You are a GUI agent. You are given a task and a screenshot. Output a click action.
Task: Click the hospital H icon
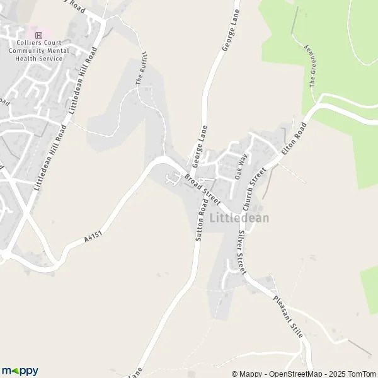coord(39,35)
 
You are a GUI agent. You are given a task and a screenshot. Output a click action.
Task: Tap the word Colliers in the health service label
coord(21,43)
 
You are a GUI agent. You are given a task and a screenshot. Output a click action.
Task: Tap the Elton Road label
coord(294,140)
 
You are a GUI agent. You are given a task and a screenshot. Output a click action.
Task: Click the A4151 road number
coord(93,236)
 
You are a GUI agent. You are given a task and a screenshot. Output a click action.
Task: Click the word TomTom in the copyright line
coord(362,374)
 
